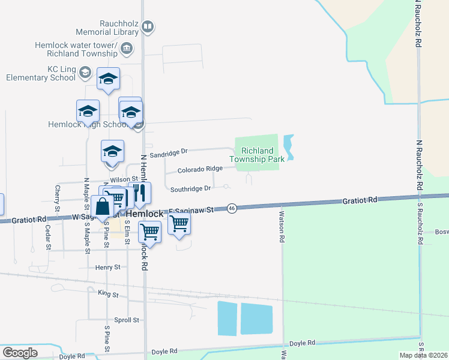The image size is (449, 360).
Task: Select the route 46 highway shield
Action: point(232,208)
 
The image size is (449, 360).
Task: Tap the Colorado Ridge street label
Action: point(200,170)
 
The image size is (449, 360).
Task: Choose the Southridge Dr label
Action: point(190,188)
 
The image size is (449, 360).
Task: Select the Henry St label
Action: point(108,266)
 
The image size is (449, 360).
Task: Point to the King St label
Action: point(108,294)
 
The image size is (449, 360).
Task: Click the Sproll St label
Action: point(127,320)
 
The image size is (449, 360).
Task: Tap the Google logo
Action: point(19,353)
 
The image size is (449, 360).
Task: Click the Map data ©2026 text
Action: point(423,355)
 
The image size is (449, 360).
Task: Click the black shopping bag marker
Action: point(103,206)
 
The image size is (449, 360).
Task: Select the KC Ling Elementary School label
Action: point(41,74)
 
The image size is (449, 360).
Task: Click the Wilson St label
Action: point(124,179)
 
